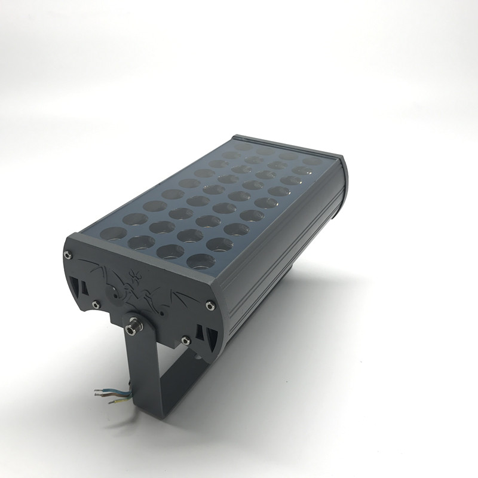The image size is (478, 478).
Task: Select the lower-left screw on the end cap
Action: (x=96, y=304)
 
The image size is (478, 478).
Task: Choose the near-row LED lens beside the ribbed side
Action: (x=201, y=261)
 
